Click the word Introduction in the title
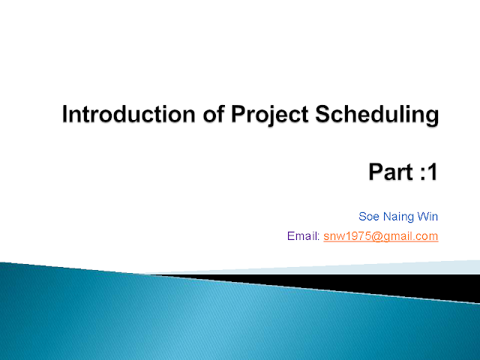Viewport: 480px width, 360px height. (x=128, y=114)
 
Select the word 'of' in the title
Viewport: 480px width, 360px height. (x=214, y=114)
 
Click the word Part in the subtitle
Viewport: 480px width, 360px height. (x=391, y=172)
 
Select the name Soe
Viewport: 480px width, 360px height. (x=369, y=217)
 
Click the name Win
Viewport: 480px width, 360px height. (x=427, y=217)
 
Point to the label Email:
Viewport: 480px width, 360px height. (x=303, y=236)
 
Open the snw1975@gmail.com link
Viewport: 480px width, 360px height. (x=381, y=237)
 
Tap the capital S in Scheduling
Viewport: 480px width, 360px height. (x=322, y=114)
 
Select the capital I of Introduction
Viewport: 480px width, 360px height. (x=64, y=114)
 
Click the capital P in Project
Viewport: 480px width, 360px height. (x=238, y=114)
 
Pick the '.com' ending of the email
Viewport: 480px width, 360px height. (x=427, y=237)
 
